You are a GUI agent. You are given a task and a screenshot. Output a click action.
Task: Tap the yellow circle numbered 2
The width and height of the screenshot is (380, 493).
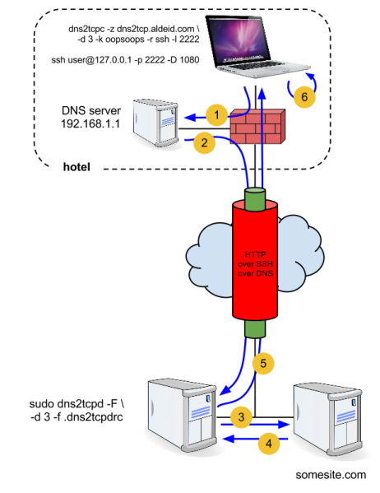tap(202, 143)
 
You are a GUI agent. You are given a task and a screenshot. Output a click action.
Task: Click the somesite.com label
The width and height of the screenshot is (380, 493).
tap(330, 475)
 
